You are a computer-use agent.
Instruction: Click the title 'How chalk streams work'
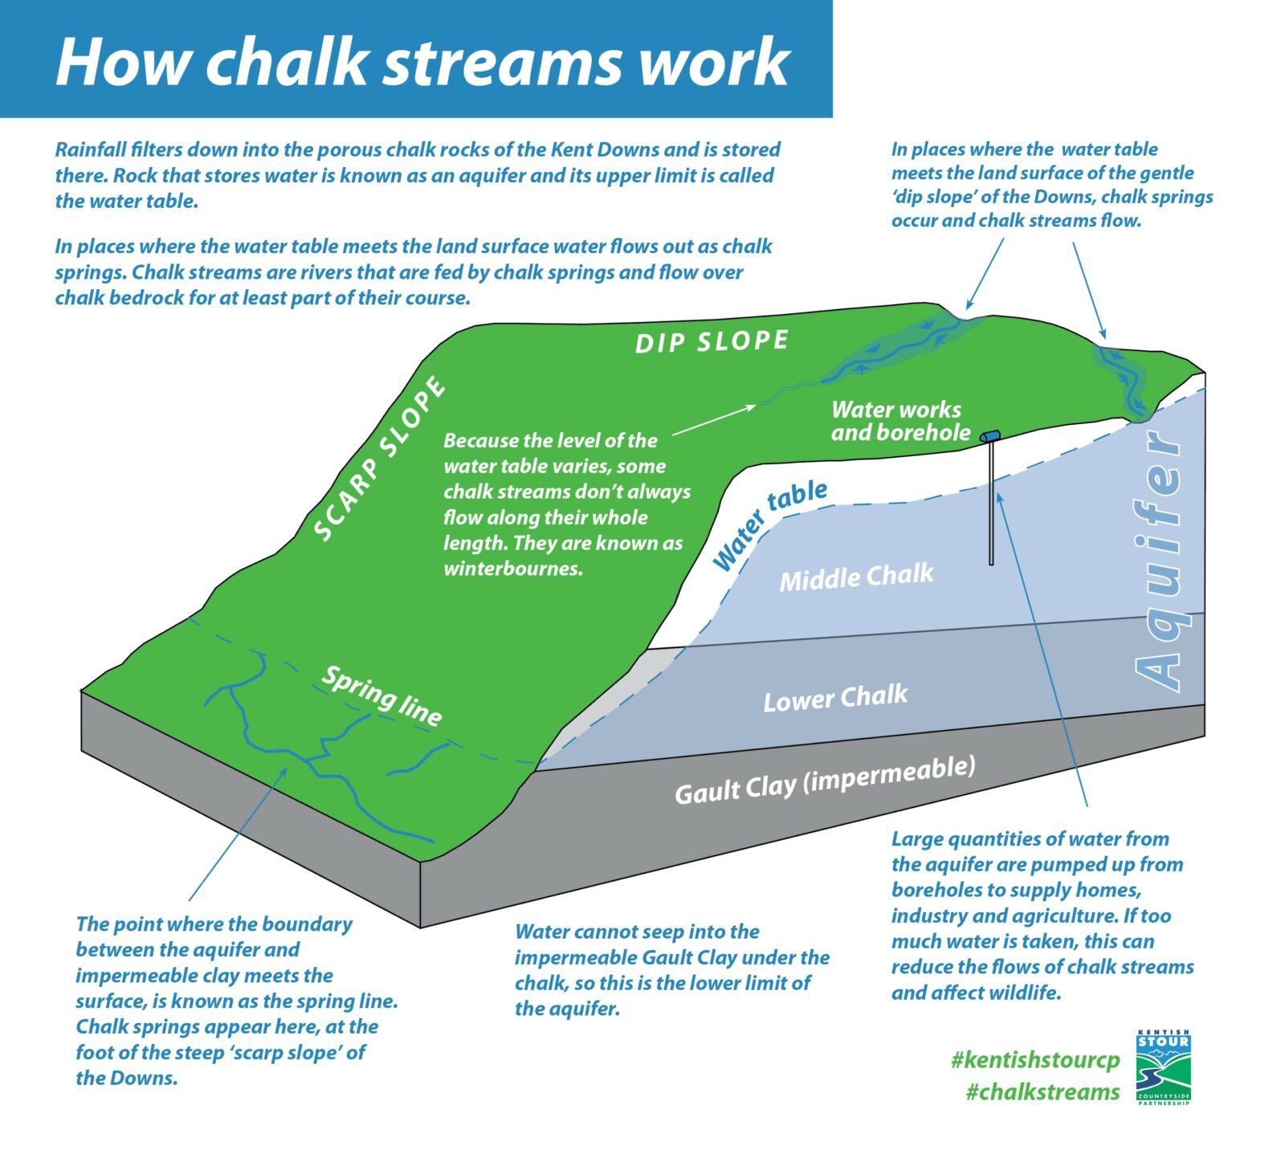422,63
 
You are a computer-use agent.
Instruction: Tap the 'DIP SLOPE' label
712,341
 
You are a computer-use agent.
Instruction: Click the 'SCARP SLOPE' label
380,459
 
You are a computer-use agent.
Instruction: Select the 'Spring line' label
381,695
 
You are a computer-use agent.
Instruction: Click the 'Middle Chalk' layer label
856,577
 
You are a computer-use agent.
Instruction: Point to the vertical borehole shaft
991,506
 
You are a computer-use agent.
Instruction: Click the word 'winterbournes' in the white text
512,569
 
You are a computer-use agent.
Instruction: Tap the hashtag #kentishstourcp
1034,1060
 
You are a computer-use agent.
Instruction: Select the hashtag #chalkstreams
1042,1092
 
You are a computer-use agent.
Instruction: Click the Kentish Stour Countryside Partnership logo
1163,1067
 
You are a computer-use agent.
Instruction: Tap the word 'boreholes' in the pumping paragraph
936,890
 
